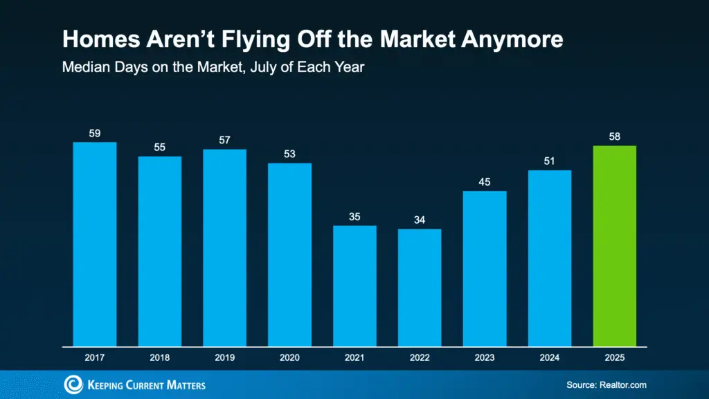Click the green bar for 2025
coord(614,245)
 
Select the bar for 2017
coord(94,244)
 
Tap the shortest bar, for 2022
coord(420,287)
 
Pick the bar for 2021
coord(354,285)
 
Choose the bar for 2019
coord(224,247)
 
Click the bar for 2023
coord(485,268)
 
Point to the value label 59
coord(95,133)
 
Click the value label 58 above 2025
coord(614,136)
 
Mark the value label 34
coord(420,220)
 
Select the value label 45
coord(485,182)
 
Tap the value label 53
coord(289,154)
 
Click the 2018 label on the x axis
coord(159,359)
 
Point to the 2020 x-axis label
coord(289,359)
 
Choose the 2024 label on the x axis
coord(550,359)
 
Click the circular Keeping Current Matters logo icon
coord(73,384)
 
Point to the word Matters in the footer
coord(183,384)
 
